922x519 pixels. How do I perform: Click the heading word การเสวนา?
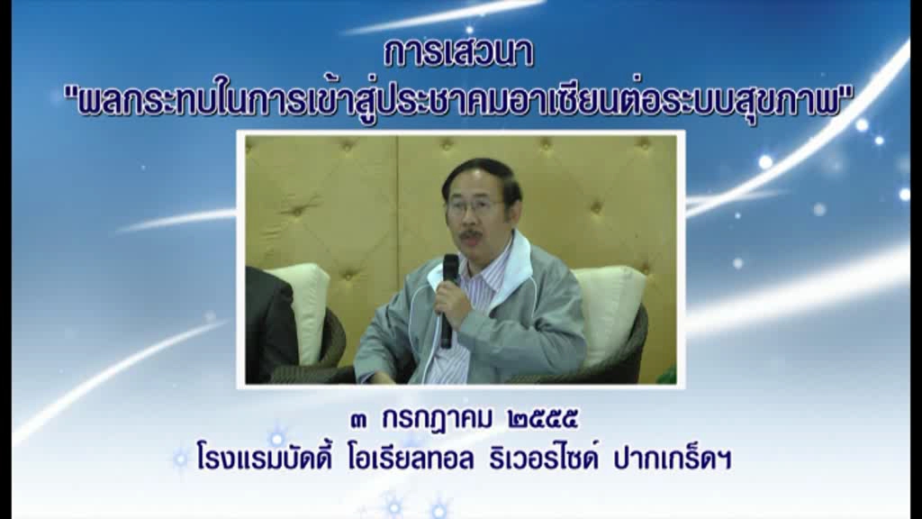(458, 53)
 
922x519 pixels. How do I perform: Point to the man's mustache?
(471, 235)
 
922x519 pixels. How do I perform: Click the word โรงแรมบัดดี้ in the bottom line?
(265, 458)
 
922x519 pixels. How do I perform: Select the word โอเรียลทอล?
(411, 459)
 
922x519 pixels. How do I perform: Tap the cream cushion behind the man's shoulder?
(611, 312)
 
